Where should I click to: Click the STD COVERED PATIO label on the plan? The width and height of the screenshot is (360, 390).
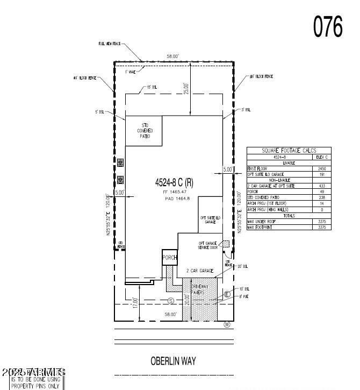pyautogui.click(x=143, y=131)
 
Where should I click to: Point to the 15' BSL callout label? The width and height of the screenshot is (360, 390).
pyautogui.click(x=152, y=87)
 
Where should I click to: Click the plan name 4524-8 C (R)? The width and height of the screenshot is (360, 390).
pyautogui.click(x=174, y=183)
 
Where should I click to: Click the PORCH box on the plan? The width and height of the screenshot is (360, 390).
pyautogui.click(x=170, y=258)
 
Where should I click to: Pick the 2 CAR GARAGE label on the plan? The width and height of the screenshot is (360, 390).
pyautogui.click(x=200, y=270)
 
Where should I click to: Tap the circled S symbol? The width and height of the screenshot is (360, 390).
pyautogui.click(x=171, y=300)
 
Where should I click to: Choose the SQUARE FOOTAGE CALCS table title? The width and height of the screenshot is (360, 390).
pyautogui.click(x=289, y=151)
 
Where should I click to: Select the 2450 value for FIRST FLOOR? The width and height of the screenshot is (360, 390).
pyautogui.click(x=322, y=168)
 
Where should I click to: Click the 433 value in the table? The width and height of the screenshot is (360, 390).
pyautogui.click(x=322, y=186)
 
